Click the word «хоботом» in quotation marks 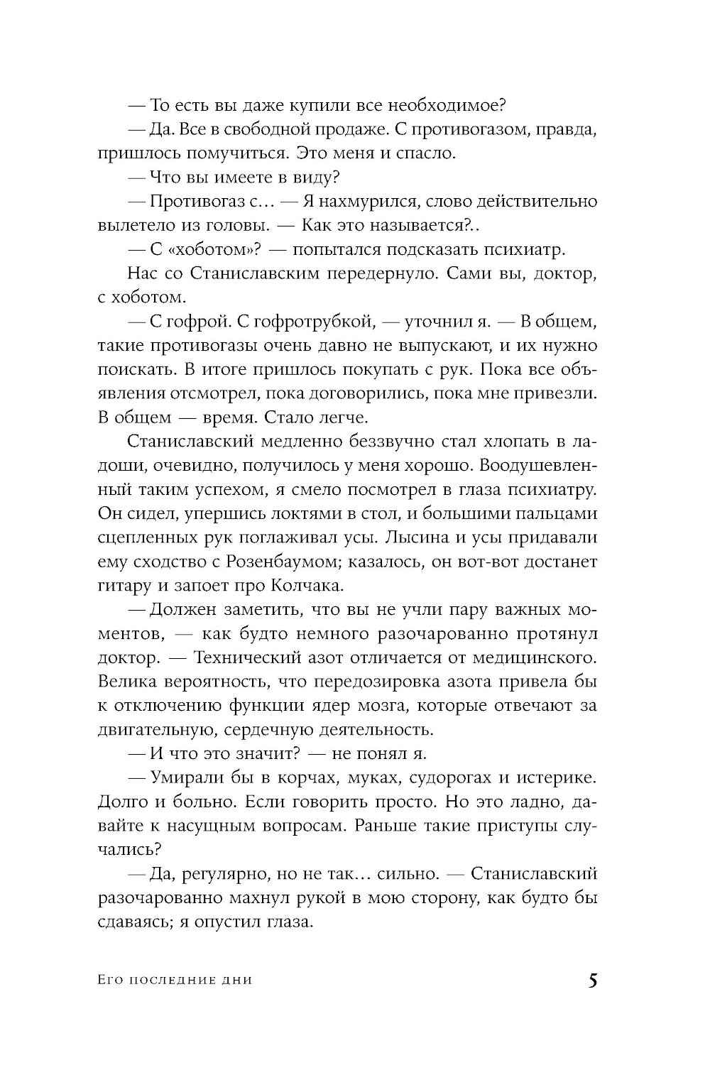[x=193, y=249]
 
